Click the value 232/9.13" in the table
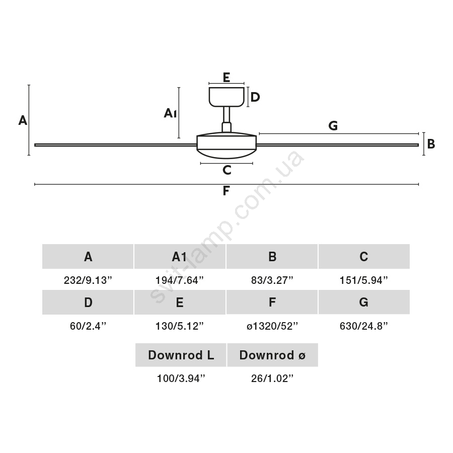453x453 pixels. coord(88,280)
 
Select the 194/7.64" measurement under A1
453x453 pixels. coord(179,280)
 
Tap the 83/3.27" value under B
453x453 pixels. coord(272,280)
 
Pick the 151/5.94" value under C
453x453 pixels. coord(363,280)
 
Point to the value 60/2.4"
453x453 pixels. coord(88,326)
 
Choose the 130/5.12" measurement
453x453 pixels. coord(179,326)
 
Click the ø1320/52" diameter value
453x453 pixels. coord(272,326)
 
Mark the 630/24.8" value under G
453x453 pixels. coord(363,326)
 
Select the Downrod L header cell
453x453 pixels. coord(181,355)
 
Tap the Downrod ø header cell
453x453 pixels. coord(272,355)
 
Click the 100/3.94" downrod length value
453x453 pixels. coord(181,378)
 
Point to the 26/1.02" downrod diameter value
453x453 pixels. coord(272,378)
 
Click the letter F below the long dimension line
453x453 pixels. coord(226,191)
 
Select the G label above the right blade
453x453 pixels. coord(333,126)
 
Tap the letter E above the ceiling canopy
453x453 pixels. coord(226,78)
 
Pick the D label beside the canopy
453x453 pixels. coord(255,97)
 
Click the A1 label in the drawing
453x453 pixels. coord(170,113)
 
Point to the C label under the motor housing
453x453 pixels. coord(227,170)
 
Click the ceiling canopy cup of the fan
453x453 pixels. coord(227,97)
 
